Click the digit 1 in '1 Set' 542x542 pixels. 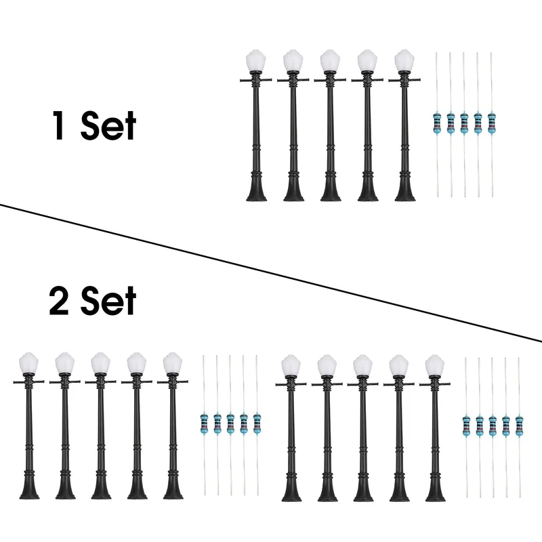(59, 125)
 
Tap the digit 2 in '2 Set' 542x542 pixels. (59, 300)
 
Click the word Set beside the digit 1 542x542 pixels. (108, 125)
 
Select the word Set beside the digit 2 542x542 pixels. (108, 300)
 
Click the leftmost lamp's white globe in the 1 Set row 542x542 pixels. (256, 60)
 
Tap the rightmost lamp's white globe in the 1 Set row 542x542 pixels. (404, 60)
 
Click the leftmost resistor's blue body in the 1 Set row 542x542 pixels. (437, 123)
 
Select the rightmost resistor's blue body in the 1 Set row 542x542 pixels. (492, 123)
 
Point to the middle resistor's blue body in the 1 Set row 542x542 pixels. (464, 123)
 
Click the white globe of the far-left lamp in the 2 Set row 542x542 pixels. (28, 363)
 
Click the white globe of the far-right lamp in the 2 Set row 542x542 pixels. (435, 365)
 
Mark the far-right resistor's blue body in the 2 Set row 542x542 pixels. (519, 426)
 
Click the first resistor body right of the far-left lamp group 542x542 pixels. (205, 423)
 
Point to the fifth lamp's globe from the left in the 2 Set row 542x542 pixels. (173, 363)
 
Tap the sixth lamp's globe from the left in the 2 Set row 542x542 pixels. (291, 365)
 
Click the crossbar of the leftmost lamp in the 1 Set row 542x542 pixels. (256, 80)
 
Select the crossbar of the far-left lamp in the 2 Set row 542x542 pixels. (28, 382)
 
